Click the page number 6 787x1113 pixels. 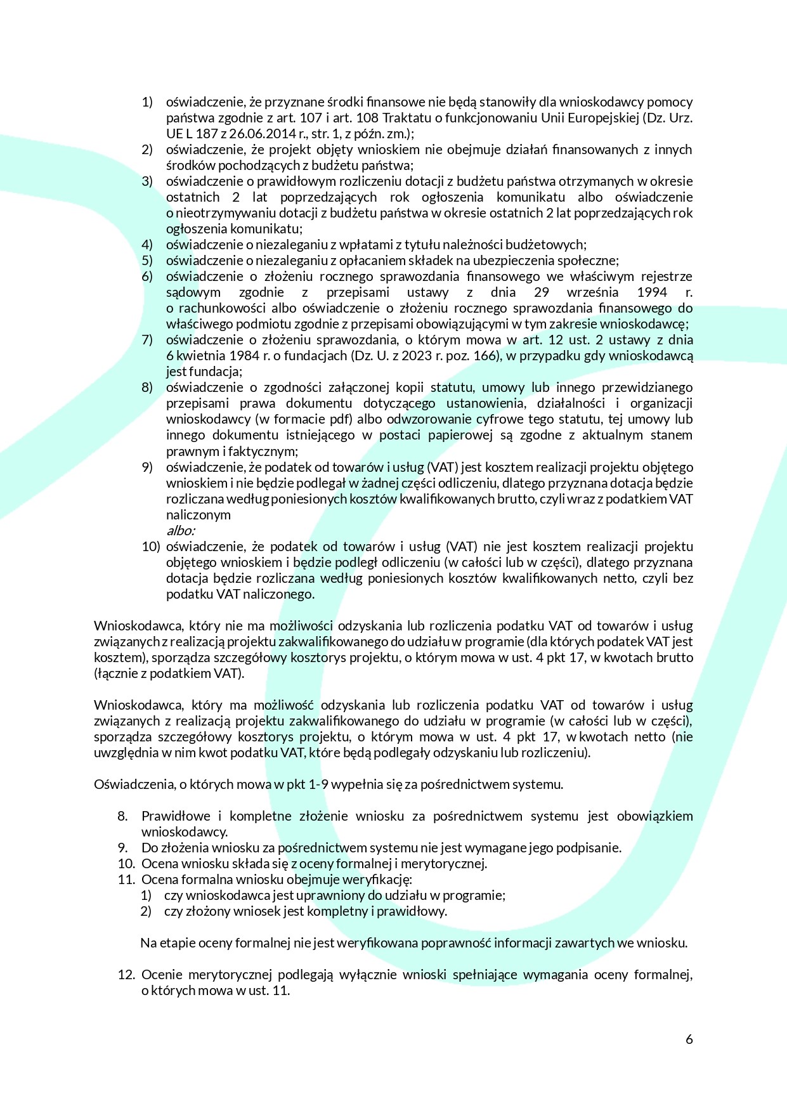pos(689,1039)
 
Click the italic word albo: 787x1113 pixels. pos(180,530)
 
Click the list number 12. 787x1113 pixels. pos(126,975)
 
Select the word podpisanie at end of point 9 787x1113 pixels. pos(590,848)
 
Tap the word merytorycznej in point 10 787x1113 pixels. pos(446,864)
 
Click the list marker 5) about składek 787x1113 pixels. pos(147,261)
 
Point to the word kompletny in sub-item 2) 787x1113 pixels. pos(333,911)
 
